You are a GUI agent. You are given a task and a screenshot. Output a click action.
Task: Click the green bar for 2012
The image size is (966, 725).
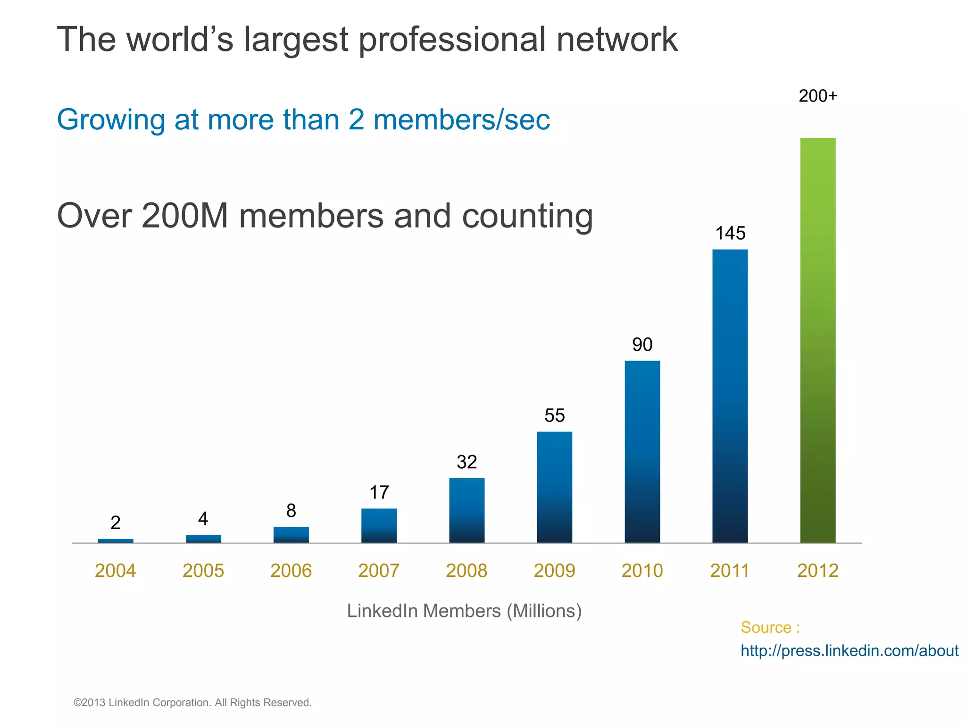[817, 340]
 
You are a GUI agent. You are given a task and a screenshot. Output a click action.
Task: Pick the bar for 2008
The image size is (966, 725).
[466, 510]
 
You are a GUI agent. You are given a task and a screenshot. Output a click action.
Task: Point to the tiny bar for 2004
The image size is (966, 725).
[116, 541]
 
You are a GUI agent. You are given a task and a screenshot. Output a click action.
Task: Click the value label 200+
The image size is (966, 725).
[817, 96]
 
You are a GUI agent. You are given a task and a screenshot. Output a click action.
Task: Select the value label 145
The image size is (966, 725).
[730, 233]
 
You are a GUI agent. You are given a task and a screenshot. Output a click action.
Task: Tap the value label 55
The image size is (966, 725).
[554, 415]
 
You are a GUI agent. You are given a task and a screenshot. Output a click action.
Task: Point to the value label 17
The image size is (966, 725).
[379, 493]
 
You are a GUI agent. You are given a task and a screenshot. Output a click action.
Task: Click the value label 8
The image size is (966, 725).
[291, 511]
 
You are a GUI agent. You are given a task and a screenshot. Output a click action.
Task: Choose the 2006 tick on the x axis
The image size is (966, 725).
[291, 571]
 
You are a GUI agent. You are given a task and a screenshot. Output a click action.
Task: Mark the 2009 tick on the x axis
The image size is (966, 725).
[554, 571]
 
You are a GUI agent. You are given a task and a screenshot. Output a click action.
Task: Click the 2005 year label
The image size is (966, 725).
[203, 571]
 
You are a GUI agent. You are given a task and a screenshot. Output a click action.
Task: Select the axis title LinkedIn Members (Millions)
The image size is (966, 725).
[464, 611]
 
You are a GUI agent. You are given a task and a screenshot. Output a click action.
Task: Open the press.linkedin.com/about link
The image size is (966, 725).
[849, 651]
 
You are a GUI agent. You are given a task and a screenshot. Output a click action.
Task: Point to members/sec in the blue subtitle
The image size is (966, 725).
[461, 119]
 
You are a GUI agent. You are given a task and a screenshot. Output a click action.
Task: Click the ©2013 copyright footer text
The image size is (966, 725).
[192, 702]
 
